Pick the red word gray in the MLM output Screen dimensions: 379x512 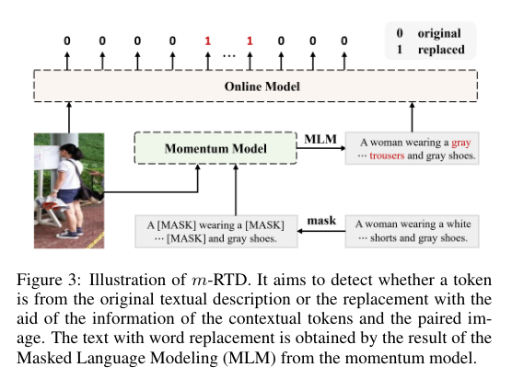pyautogui.click(x=461, y=143)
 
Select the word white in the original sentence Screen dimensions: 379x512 pyautogui.click(x=458, y=223)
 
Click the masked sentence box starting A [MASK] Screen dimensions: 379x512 pyautogui.click(x=215, y=229)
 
